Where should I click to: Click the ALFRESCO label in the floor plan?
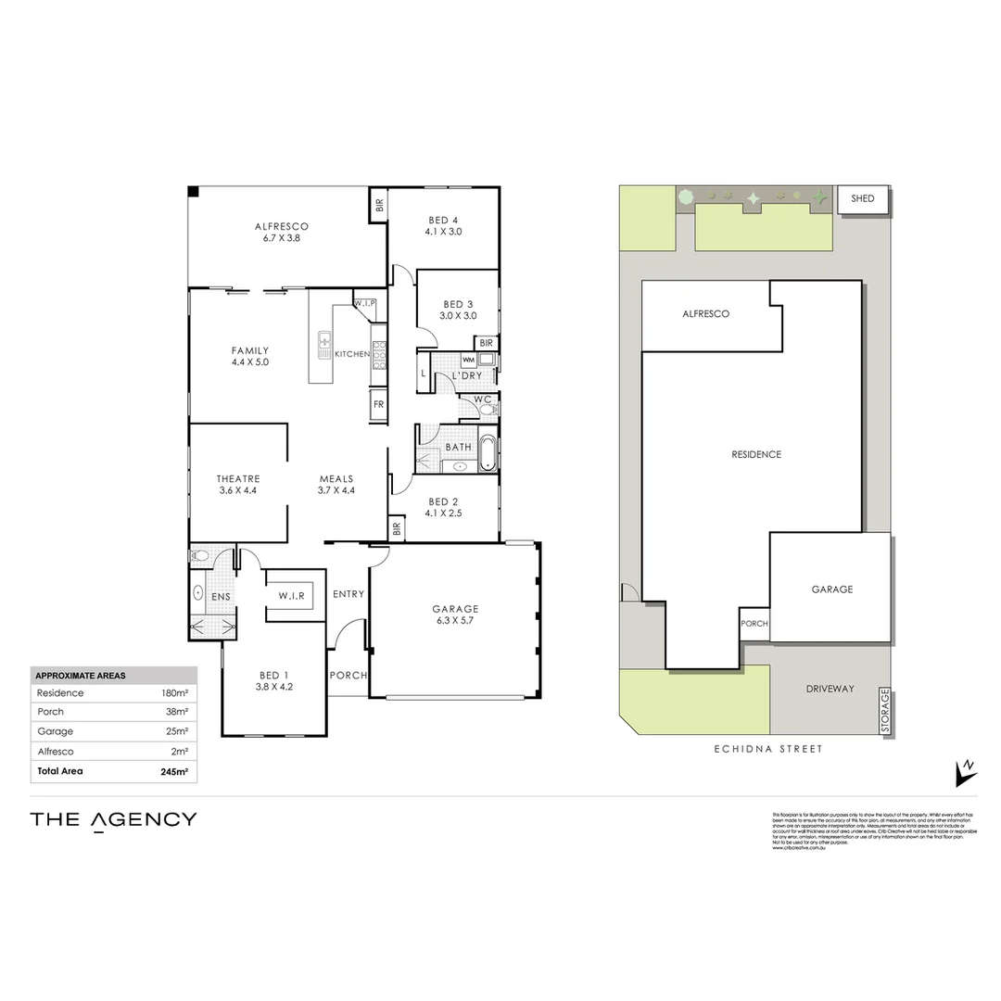[281, 226]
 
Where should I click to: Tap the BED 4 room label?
[444, 220]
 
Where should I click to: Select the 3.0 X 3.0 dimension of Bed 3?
[458, 316]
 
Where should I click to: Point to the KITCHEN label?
[352, 354]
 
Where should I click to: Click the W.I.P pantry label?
[364, 303]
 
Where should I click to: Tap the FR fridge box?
[378, 404]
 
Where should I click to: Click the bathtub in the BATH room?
[488, 453]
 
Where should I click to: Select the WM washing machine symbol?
[468, 360]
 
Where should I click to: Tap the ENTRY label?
[348, 594]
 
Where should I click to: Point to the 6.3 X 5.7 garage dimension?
[454, 621]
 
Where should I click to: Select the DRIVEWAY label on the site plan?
[830, 689]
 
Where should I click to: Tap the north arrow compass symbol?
[966, 771]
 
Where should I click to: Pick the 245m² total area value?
[174, 771]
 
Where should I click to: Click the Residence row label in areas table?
[60, 693]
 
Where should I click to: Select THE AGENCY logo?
[113, 819]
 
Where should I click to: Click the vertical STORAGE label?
[885, 712]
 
